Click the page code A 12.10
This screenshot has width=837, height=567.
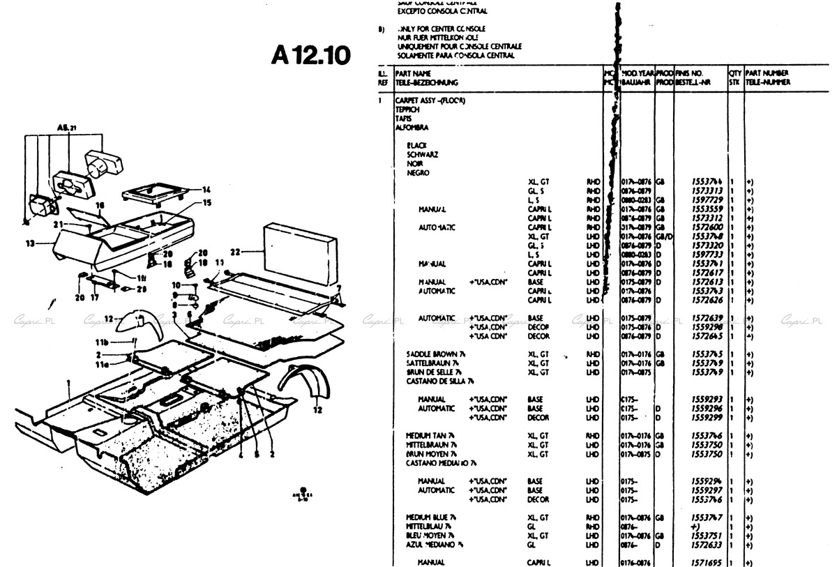click(310, 54)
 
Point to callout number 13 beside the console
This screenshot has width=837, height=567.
click(29, 243)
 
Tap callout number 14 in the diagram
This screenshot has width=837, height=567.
click(206, 190)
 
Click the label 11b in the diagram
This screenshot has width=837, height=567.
click(103, 342)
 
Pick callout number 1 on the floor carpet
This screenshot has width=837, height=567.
click(68, 383)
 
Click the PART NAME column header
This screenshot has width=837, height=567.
click(413, 73)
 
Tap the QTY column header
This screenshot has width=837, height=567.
click(734, 73)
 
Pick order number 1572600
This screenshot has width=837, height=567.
click(707, 227)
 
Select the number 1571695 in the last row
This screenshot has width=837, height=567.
click(707, 562)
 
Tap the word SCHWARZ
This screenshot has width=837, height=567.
click(422, 154)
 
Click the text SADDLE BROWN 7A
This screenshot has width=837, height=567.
click(436, 355)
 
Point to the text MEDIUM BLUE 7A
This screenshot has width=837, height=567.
click(431, 517)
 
